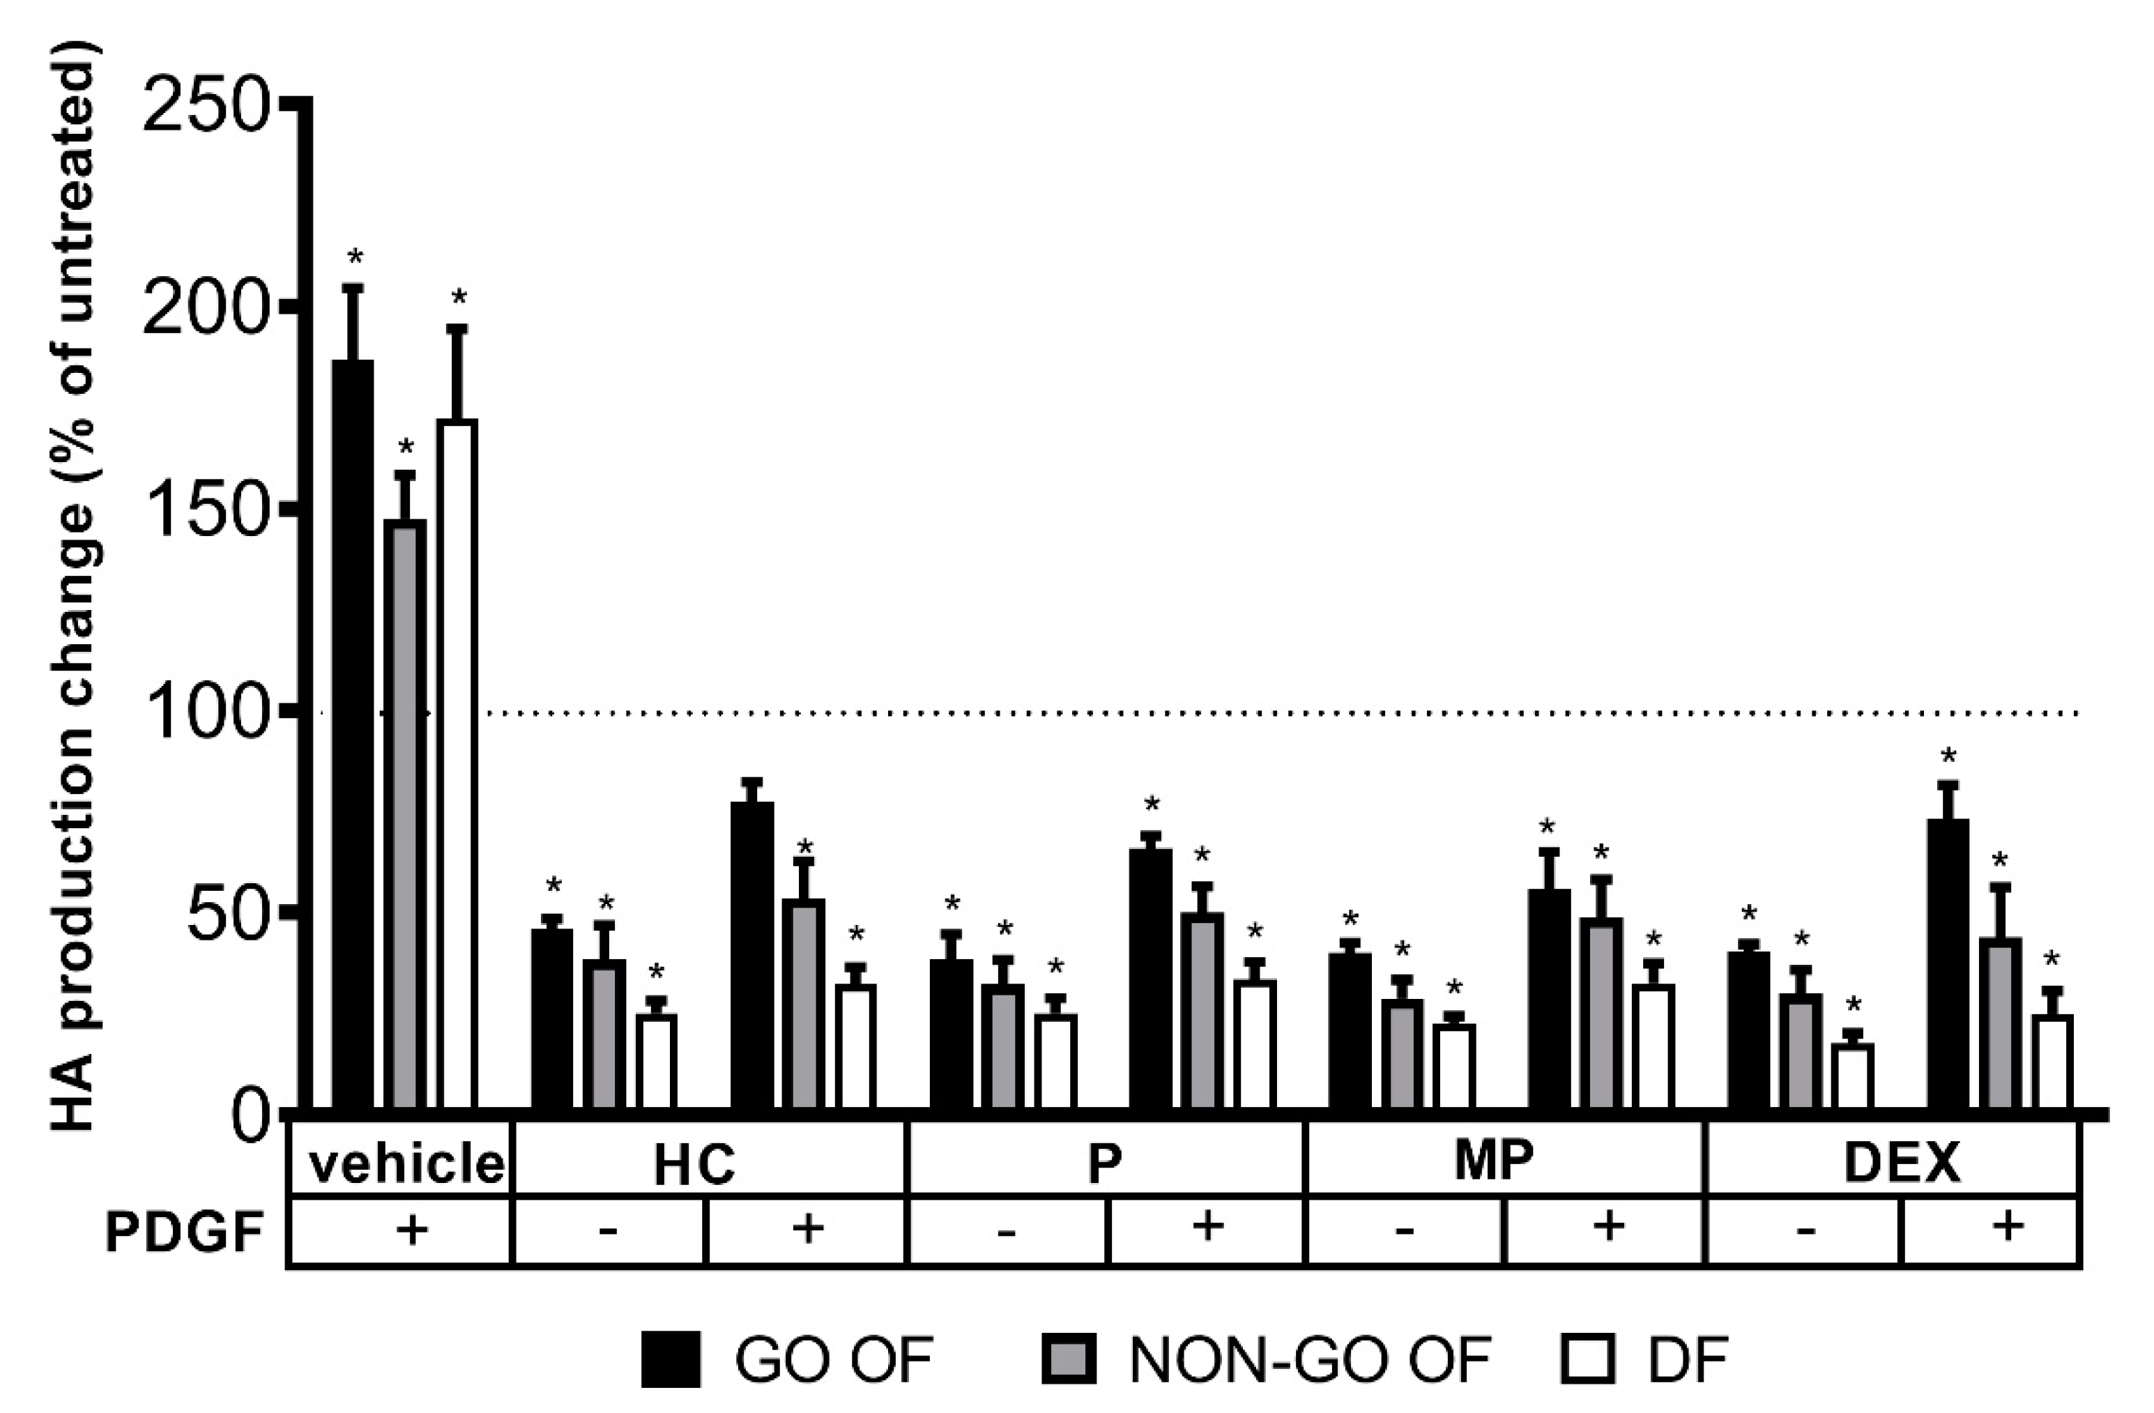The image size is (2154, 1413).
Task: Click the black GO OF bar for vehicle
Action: click(x=352, y=733)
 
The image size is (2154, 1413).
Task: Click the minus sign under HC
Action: click(x=608, y=1232)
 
